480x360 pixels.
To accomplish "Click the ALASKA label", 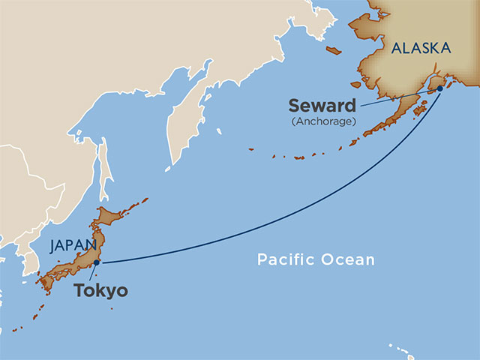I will point(421,48).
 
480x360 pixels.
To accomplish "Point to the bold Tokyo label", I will point(100,291).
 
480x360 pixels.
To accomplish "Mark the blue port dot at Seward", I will point(440,88).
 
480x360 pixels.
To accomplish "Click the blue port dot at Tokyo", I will point(97,262).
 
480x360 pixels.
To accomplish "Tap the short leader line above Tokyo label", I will point(93,272).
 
